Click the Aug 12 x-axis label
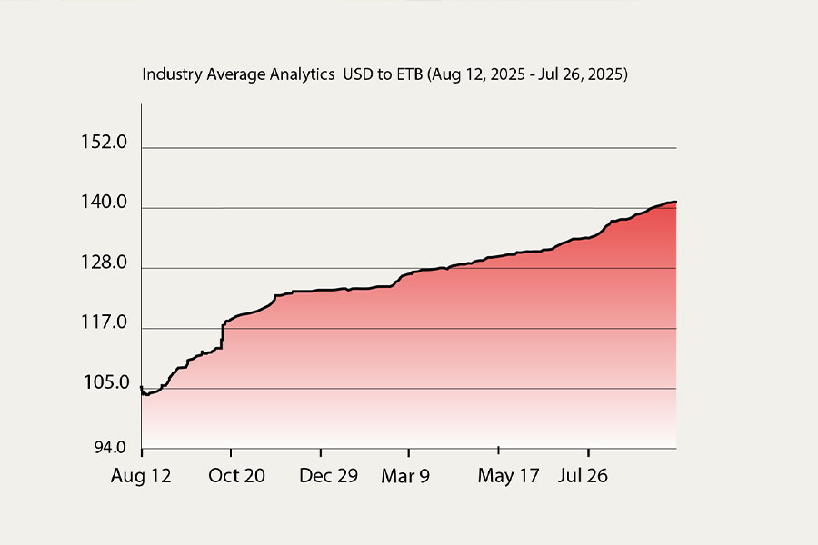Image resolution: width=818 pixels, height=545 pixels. [x=141, y=476]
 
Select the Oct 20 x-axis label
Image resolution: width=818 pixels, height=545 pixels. [x=237, y=476]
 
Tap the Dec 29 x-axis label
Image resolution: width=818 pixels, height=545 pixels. [x=327, y=476]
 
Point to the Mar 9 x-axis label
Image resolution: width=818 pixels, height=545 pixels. [x=405, y=476]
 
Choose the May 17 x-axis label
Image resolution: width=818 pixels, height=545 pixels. [x=508, y=476]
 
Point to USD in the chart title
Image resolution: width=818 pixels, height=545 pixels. [x=356, y=75]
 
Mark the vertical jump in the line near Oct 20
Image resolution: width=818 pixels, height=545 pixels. [x=223, y=336]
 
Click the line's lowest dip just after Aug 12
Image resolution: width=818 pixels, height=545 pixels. [x=145, y=394]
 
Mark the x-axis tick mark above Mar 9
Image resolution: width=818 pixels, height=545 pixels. [x=409, y=451]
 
